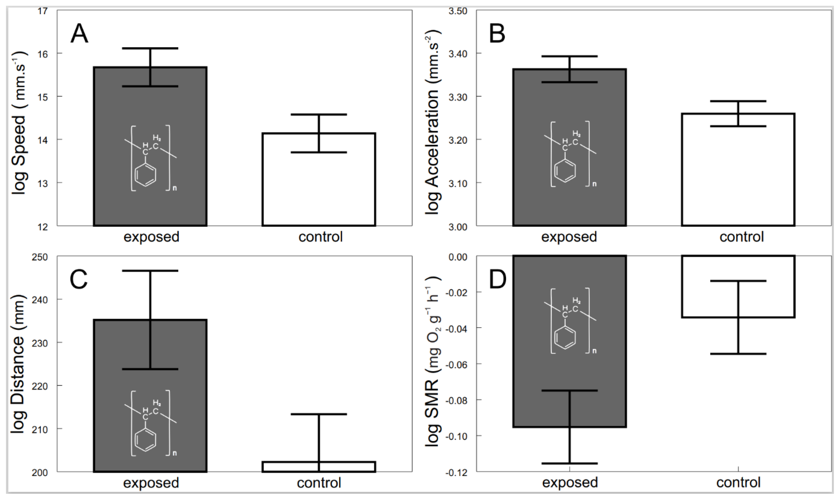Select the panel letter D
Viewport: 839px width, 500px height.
[x=497, y=280]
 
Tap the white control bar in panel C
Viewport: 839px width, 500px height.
[x=319, y=467]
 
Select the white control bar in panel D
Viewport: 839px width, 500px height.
[x=738, y=270]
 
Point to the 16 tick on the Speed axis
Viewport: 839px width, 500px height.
[x=43, y=54]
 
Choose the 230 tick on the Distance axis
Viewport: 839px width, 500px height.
[x=40, y=343]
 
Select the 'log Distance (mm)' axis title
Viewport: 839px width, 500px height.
[x=19, y=364]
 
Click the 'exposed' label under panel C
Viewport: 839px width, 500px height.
[x=151, y=483]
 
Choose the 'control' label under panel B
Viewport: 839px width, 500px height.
[x=741, y=237]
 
